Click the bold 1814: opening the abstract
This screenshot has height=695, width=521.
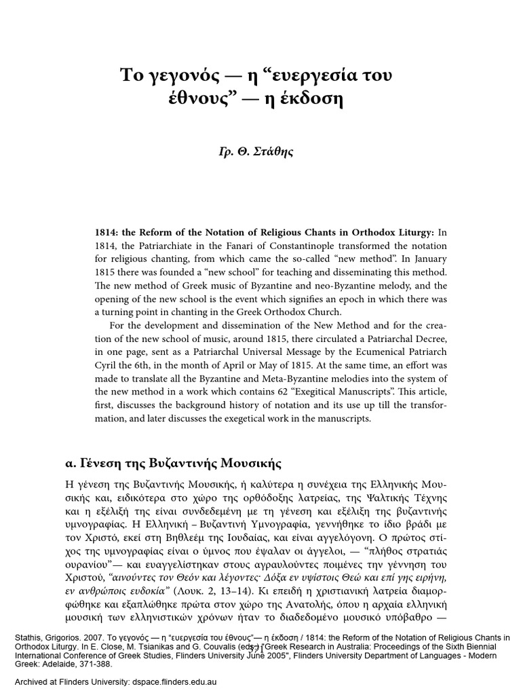point(107,232)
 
